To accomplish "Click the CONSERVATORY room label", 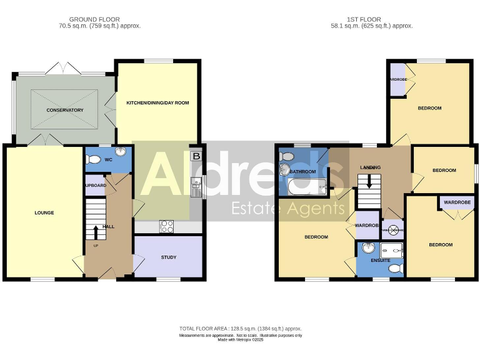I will click(x=64, y=111).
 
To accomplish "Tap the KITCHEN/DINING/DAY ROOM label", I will click(x=157, y=102).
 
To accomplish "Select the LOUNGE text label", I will click(x=44, y=213).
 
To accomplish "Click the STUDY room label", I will click(x=169, y=257).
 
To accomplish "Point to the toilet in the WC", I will click(x=93, y=160).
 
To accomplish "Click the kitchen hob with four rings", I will click(x=167, y=227).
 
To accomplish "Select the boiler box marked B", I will click(x=197, y=156).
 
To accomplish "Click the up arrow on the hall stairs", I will click(x=96, y=232).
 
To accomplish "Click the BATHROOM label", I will click(x=302, y=171).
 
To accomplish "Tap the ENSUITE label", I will click(x=380, y=259).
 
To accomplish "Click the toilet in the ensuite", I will click(x=394, y=269).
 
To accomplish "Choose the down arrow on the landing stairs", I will click(x=369, y=182).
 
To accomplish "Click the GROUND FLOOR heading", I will click(x=94, y=20).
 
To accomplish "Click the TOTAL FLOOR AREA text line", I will click(x=241, y=328).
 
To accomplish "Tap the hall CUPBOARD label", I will click(x=96, y=186).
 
